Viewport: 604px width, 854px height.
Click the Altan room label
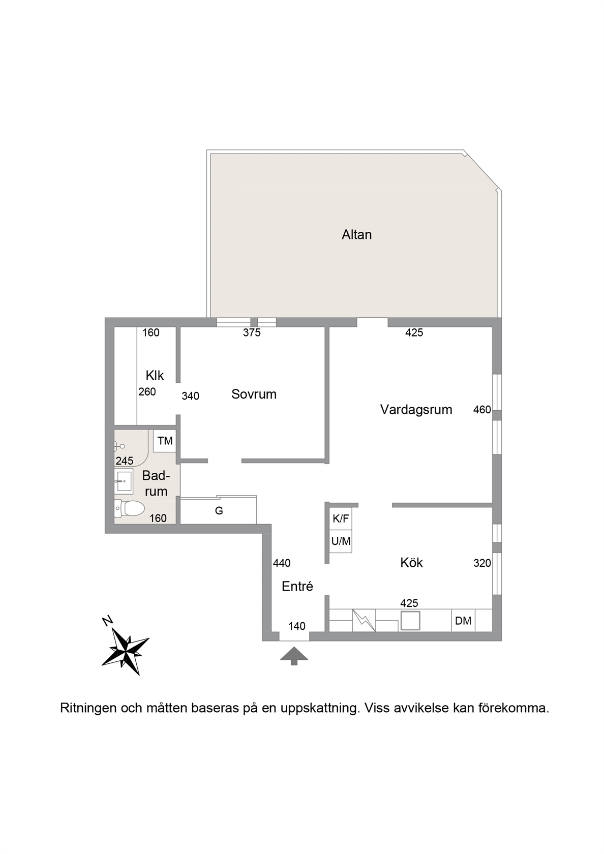[356, 234]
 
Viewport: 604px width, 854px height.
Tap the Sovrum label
[254, 394]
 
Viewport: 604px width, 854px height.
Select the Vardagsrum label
[416, 410]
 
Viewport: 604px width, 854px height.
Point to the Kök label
[411, 562]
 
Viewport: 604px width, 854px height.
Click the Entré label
[297, 586]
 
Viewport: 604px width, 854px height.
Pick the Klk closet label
[155, 376]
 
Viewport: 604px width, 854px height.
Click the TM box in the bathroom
[165, 441]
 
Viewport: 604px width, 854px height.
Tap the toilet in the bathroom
[129, 508]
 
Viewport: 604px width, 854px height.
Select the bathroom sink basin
[124, 481]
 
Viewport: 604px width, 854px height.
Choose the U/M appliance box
[341, 541]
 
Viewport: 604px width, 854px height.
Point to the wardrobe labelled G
[219, 510]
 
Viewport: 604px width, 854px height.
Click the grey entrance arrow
[294, 655]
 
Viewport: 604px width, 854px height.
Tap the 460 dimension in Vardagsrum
[482, 410]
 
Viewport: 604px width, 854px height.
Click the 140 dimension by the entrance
[297, 626]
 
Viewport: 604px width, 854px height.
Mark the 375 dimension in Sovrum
[252, 333]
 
